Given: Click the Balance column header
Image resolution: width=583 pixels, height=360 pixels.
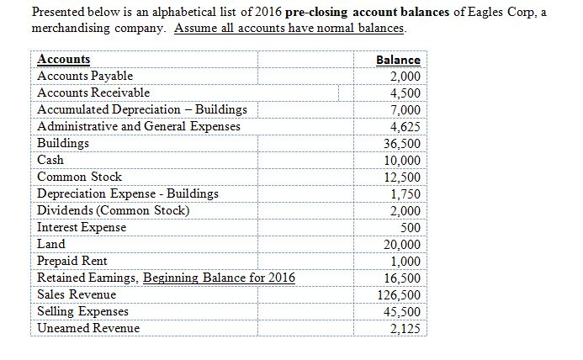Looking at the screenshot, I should tap(398, 60).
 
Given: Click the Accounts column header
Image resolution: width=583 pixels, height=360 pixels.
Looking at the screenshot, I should tap(65, 60).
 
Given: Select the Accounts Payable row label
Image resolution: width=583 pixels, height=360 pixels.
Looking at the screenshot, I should tap(86, 76).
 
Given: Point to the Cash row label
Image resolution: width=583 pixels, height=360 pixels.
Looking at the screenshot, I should tap(51, 160).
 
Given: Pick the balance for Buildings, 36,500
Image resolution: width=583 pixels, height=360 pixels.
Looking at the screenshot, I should tap(401, 143).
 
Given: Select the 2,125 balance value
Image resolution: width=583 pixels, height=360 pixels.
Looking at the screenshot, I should tap(405, 328).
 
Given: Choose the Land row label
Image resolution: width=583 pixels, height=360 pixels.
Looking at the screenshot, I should tap(52, 244).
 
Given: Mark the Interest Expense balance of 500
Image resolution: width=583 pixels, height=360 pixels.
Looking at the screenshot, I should tap(410, 227).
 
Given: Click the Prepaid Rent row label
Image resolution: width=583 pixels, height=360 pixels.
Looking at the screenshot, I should tap(72, 261).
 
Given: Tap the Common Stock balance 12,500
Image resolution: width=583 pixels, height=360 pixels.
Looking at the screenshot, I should tap(401, 177).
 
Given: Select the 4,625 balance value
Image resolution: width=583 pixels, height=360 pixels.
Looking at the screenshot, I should tap(405, 126).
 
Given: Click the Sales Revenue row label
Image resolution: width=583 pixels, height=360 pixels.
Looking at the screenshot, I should tap(77, 294).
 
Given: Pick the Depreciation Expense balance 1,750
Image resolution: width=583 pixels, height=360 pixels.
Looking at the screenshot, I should tap(405, 193).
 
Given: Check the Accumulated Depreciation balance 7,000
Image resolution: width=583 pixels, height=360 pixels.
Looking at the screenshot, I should tap(405, 109).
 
